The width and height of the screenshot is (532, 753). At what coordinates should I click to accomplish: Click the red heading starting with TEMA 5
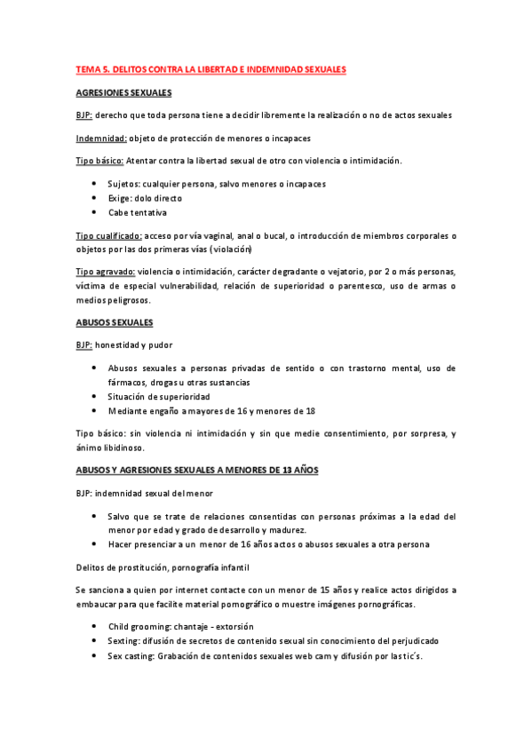coord(210,69)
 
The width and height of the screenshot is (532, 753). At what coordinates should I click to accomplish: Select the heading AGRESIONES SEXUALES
coord(123,92)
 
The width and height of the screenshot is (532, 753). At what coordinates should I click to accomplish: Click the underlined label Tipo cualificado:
coord(108,236)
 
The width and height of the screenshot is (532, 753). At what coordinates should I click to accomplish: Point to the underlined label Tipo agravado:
coord(106,272)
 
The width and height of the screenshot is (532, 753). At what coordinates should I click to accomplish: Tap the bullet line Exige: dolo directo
coord(146,198)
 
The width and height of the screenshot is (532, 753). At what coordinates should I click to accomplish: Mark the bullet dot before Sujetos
coord(93,184)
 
